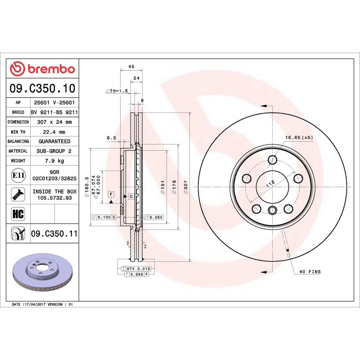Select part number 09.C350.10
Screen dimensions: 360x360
[43, 89]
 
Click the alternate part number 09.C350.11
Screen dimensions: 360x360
[54, 234]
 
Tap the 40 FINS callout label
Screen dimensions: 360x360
[310, 272]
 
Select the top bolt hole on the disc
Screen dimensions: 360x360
[272, 160]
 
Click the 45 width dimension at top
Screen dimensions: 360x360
[132, 67]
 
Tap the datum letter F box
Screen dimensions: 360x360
[110, 194]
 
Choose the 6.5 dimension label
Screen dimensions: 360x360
[111, 138]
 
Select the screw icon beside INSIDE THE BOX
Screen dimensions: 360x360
[17, 194]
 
